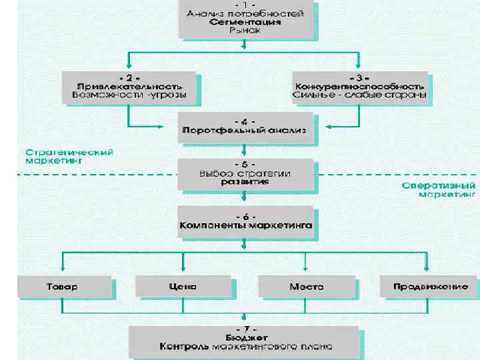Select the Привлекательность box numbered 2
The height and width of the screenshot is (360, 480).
pos(129,88)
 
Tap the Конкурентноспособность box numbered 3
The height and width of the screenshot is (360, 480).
pos(359,88)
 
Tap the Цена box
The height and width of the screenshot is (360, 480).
pos(183,287)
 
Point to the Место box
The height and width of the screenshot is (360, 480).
pos(306,287)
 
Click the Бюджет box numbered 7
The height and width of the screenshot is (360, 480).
pos(246,339)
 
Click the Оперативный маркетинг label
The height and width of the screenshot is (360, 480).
pos(439,190)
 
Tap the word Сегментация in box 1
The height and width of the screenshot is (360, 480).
pos(245,21)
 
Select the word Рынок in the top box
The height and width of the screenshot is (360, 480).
pos(245,31)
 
